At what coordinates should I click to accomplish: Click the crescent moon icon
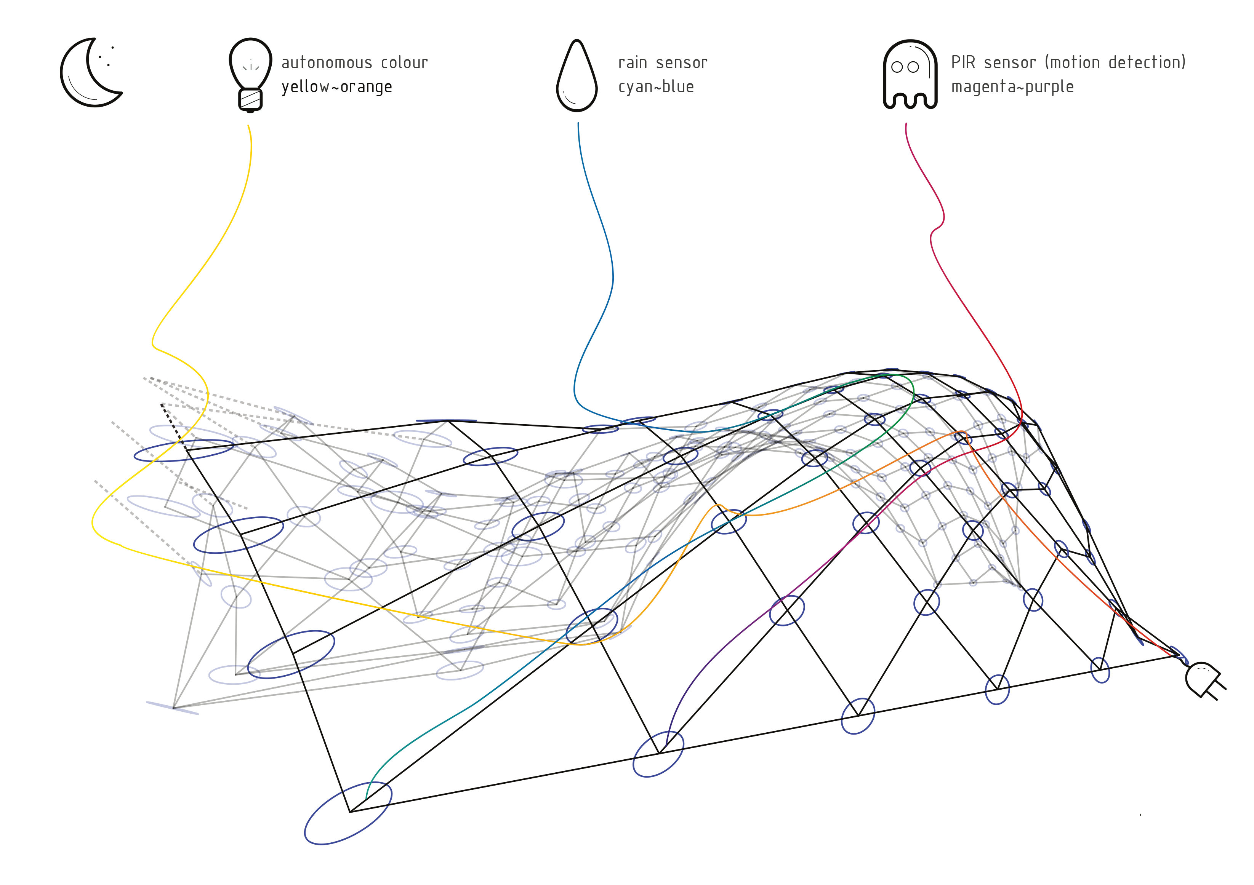click(x=87, y=73)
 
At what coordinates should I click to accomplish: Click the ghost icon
click(x=910, y=74)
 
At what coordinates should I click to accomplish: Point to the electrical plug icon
click(x=1204, y=680)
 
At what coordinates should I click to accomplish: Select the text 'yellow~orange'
click(x=337, y=87)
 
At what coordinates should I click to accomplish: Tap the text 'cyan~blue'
click(x=656, y=87)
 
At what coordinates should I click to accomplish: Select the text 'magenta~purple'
click(x=1012, y=87)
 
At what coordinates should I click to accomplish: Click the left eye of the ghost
click(x=897, y=67)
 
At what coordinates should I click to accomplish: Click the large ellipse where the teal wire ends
click(x=348, y=813)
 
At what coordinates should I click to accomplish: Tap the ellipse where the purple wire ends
click(x=658, y=753)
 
